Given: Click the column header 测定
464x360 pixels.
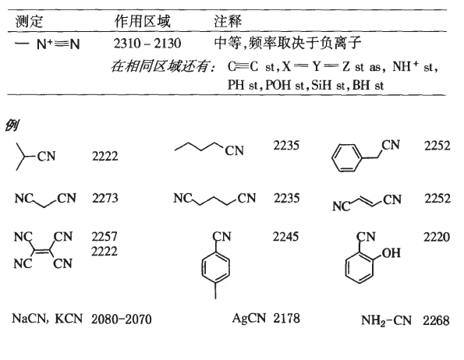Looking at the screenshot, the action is tap(29, 21).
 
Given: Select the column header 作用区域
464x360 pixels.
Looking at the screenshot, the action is tap(143, 21).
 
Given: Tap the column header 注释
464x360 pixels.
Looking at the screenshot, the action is tap(228, 21).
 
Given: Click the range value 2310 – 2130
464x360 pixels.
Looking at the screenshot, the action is tap(147, 44).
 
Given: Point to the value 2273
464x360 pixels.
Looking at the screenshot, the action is tap(105, 198).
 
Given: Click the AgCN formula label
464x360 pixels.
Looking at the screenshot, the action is tap(250, 319).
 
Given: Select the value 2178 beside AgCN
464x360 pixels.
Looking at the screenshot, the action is tap(286, 319).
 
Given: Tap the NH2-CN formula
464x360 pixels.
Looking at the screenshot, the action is tap(386, 321).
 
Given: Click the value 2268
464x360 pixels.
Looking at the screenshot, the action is tap(436, 321).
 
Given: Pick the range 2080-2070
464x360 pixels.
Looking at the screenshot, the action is tap(122, 319).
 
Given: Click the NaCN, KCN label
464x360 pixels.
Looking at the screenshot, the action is tap(47, 319).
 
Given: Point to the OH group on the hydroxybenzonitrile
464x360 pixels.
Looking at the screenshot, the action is tap(391, 253).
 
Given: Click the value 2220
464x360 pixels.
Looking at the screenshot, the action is tap(437, 237).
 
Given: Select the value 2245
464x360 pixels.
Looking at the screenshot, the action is tap(285, 237).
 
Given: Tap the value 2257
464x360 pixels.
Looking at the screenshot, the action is tap(104, 237).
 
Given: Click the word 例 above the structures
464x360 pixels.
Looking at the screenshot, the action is tap(12, 125).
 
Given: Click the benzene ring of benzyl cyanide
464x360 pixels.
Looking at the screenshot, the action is tap(347, 157).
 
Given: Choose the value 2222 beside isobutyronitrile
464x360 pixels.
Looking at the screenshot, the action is tap(105, 156).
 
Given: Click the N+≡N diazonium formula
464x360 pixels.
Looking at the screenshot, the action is tap(48, 44).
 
